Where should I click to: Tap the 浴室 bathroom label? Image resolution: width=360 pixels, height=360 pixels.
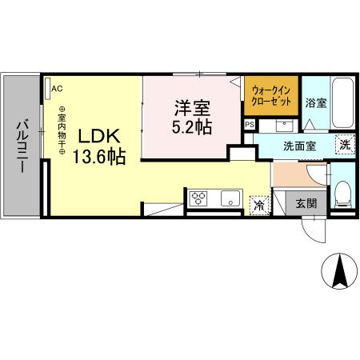click(x=315, y=103)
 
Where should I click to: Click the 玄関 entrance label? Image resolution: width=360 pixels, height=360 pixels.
click(x=305, y=203)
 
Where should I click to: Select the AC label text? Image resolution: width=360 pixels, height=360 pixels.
click(x=58, y=89)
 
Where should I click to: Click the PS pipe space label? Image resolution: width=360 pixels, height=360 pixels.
click(x=249, y=126)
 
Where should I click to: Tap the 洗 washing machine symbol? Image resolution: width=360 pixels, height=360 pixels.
click(x=343, y=144)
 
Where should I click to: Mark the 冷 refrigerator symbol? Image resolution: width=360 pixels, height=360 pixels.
click(x=259, y=205)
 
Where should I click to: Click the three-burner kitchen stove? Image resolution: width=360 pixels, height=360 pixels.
click(x=199, y=199)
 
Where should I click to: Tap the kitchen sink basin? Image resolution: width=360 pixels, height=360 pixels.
click(x=230, y=199)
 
